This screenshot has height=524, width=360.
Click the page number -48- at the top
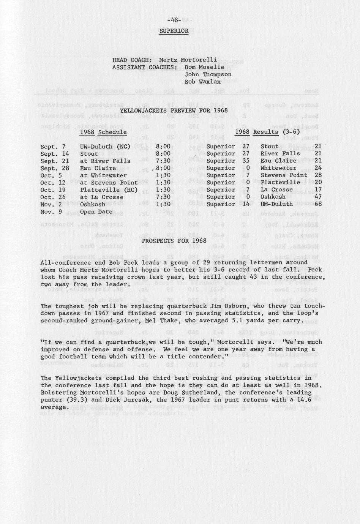(174, 20)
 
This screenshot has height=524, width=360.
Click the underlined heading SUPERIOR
(174, 31)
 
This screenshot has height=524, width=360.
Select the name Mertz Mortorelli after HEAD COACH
(188, 60)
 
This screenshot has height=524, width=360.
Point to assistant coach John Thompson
(208, 74)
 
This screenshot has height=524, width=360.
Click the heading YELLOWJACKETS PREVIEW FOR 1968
(174, 110)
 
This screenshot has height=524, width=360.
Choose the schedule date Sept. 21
(54, 161)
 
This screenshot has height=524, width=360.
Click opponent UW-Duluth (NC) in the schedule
(105, 147)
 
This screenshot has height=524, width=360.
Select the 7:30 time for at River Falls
(163, 161)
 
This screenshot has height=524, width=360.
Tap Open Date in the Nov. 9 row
(96, 212)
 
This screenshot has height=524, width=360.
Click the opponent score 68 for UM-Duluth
(318, 204)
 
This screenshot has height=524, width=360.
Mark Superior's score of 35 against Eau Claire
(245, 161)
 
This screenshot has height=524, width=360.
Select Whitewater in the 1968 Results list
(278, 168)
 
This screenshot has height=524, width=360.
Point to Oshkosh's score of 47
(318, 197)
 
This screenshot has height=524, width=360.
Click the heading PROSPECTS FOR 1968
(174, 241)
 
